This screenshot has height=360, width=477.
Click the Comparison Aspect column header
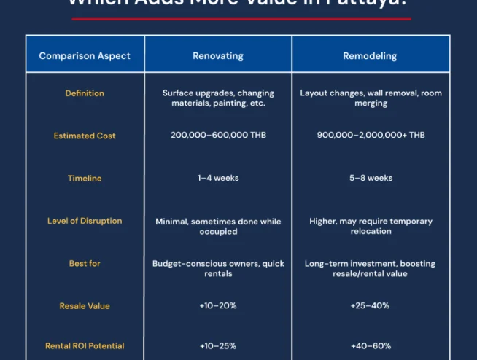pos(85,55)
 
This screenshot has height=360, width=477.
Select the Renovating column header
pos(217,55)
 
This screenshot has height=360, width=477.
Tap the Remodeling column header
pos(371,55)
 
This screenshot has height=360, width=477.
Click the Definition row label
pos(85,93)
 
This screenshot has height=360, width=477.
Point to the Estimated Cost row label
pos(85,136)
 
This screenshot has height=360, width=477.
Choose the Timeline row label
pos(85,179)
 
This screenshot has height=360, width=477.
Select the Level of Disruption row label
pos(85,221)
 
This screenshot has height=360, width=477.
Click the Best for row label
pos(85,263)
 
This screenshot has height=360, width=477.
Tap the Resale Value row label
pos(85,306)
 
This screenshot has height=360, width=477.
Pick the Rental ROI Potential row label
pos(85,346)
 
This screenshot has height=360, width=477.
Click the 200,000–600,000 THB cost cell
pos(217,136)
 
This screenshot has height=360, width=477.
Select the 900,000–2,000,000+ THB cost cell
pos(371,136)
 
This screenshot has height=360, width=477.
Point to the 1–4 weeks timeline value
pos(217,179)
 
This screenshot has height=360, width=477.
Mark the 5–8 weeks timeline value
pos(371,179)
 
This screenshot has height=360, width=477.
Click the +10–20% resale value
pos(217,306)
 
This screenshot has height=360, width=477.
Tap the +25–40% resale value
pos(371,306)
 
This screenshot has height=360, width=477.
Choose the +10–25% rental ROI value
pos(217,346)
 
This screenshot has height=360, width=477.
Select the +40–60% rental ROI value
pos(371,346)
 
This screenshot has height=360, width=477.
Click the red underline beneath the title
pos(238,19)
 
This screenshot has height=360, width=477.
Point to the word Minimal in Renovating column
pos(171,222)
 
